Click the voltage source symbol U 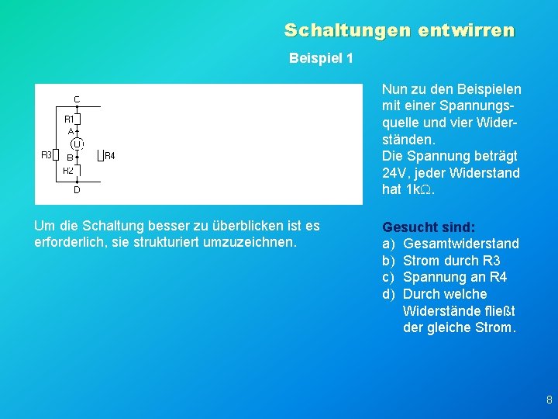tap(77, 144)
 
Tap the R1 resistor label tap(69, 119)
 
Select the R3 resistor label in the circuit tap(46, 155)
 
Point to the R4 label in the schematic tap(109, 156)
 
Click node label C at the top tap(77, 99)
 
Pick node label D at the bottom tap(77, 189)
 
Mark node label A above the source tap(71, 132)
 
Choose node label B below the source tap(69, 157)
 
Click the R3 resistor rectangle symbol tap(56, 155)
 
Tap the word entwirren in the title tap(466, 30)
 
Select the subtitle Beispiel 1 tap(321, 58)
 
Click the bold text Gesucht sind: tap(429, 227)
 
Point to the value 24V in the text tap(394, 173)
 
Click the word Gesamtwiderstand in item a tap(461, 244)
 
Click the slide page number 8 tap(549, 400)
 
